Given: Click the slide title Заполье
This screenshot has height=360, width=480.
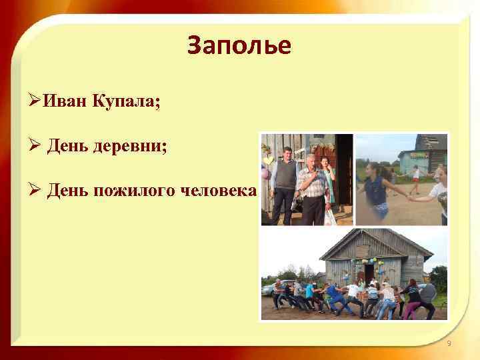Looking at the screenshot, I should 239,45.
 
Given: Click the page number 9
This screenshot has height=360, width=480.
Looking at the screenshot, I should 449,343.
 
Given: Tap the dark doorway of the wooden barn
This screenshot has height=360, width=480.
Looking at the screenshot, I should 369,274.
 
